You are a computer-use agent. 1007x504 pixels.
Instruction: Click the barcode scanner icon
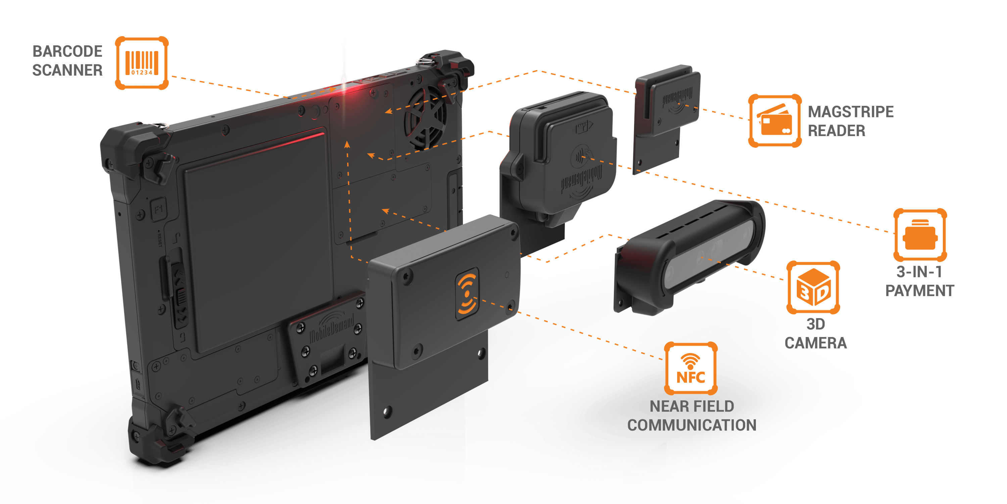(142, 63)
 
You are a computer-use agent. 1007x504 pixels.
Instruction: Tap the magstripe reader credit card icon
(774, 121)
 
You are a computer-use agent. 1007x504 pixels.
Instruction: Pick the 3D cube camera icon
(813, 288)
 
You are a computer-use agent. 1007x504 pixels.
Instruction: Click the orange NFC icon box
(691, 369)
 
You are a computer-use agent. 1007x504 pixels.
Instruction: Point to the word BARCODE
(67, 51)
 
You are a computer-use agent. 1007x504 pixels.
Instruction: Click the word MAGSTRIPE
(851, 112)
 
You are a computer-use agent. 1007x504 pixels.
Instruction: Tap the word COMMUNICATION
(691, 425)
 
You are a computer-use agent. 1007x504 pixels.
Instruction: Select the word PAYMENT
(919, 290)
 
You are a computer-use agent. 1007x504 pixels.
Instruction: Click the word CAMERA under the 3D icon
(815, 343)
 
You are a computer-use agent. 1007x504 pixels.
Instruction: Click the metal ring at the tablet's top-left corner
(161, 125)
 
